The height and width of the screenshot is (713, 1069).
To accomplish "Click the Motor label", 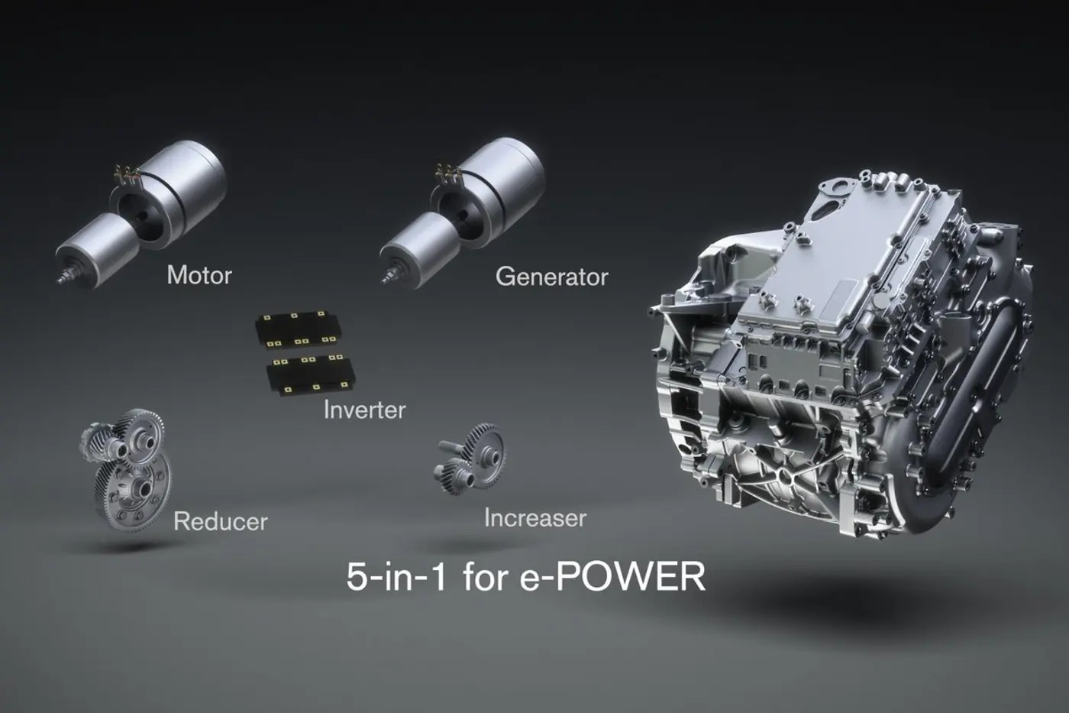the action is pos(199,275).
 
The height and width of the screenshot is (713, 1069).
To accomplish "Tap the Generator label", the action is pos(552,277).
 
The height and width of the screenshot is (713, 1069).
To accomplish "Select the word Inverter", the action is pos(365,410).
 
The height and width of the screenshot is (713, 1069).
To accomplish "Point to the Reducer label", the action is pos(221,521).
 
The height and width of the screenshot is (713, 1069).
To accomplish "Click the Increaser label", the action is pos(535,518).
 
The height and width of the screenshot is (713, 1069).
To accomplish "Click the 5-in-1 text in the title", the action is pos(396,577).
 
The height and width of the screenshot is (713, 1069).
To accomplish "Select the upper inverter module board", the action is pos(297,329).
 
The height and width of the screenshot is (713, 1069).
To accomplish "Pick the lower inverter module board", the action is pos(312,375).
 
